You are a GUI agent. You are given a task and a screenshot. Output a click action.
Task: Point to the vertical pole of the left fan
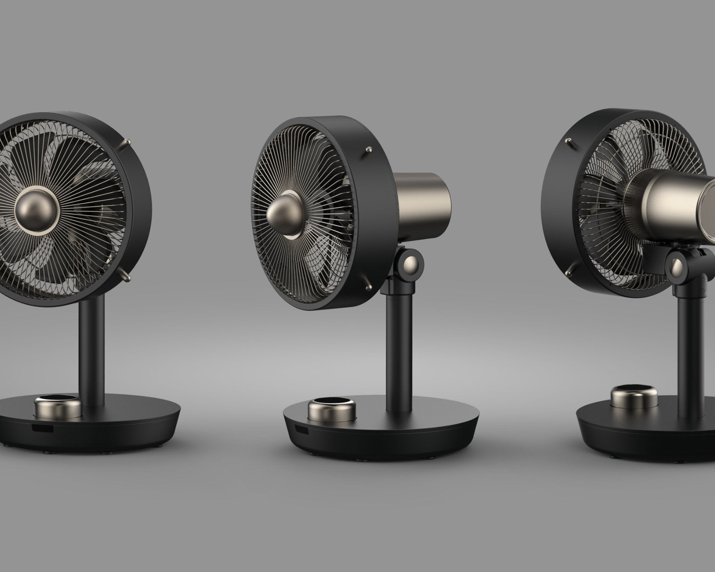[x=94, y=350]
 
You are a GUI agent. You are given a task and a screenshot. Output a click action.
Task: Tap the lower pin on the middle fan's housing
[x=367, y=285]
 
